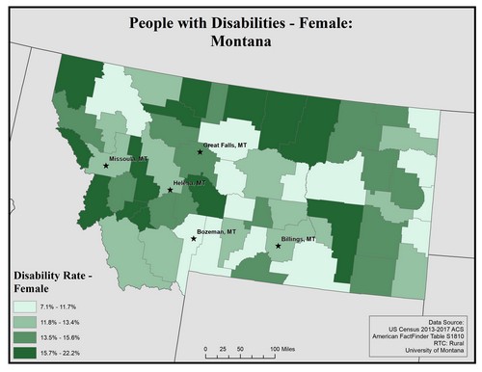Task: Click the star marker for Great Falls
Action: (200, 152)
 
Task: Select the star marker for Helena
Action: (170, 190)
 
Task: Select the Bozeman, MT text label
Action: (217, 232)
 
